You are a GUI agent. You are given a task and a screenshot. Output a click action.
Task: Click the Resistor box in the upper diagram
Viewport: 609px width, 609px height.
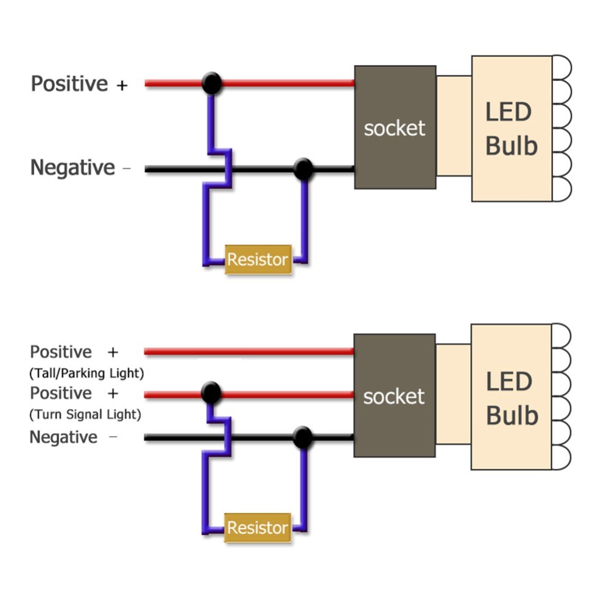258,260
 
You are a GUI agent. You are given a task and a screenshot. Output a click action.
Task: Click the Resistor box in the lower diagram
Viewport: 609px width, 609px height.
258,528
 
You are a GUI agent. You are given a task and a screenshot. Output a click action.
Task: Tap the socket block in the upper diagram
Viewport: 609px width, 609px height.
395,127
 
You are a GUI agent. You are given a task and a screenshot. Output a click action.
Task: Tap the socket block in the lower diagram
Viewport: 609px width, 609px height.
395,396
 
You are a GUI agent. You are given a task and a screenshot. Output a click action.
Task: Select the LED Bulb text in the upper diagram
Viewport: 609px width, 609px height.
512,129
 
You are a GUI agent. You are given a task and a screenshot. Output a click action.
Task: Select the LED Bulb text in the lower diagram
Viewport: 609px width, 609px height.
512,398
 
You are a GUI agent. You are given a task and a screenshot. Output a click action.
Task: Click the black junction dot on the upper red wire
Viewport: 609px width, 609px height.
211,83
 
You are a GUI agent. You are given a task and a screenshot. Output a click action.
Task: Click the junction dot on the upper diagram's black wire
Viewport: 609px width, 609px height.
303,169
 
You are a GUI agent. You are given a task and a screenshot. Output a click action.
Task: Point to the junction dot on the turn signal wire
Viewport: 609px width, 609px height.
211,393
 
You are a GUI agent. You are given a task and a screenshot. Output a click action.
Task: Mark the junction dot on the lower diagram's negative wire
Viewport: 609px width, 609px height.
302,437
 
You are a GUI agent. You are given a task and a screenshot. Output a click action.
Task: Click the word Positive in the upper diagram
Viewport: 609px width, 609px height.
69,84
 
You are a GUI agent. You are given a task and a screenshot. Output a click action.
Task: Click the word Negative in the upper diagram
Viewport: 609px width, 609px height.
72,168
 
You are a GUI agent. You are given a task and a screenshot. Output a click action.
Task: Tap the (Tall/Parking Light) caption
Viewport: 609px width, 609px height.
86,372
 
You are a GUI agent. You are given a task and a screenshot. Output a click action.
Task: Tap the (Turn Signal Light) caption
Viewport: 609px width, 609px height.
85,415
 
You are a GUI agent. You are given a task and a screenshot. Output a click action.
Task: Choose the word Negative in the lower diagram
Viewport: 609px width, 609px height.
63,437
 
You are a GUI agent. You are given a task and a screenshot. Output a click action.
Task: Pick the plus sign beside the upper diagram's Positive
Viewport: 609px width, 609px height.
122,85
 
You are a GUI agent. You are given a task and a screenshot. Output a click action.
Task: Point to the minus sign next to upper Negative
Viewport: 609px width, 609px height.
127,169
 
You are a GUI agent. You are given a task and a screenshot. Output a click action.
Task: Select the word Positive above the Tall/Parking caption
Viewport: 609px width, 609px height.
61,352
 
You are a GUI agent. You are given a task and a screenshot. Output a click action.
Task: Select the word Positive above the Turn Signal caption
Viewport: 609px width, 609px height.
61,393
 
